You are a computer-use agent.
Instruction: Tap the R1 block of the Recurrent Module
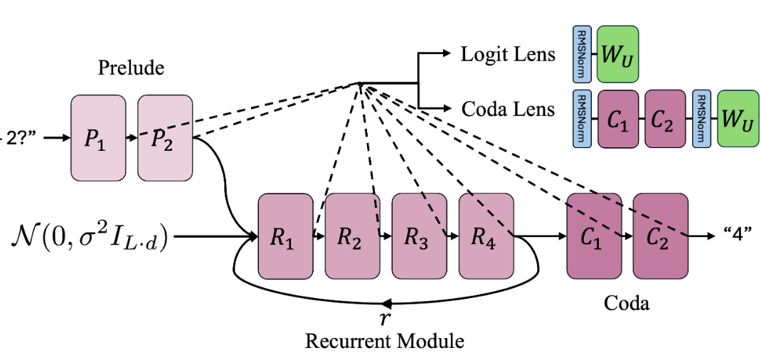pos(285,235)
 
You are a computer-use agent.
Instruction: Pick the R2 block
pos(352,235)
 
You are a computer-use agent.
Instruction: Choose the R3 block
pos(419,235)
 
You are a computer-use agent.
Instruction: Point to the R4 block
pos(486,235)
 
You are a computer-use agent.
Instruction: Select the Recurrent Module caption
pos(384,341)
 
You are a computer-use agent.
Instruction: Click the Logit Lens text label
pos(508,54)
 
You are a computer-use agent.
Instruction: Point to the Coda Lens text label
pos(508,109)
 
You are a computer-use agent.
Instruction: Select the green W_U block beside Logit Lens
pos(617,54)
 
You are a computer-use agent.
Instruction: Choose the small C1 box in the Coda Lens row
pos(617,118)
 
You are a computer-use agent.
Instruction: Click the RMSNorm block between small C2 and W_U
pos(701,118)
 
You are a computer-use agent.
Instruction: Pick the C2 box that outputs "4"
pos(661,235)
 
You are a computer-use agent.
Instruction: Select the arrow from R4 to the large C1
pos(541,235)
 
